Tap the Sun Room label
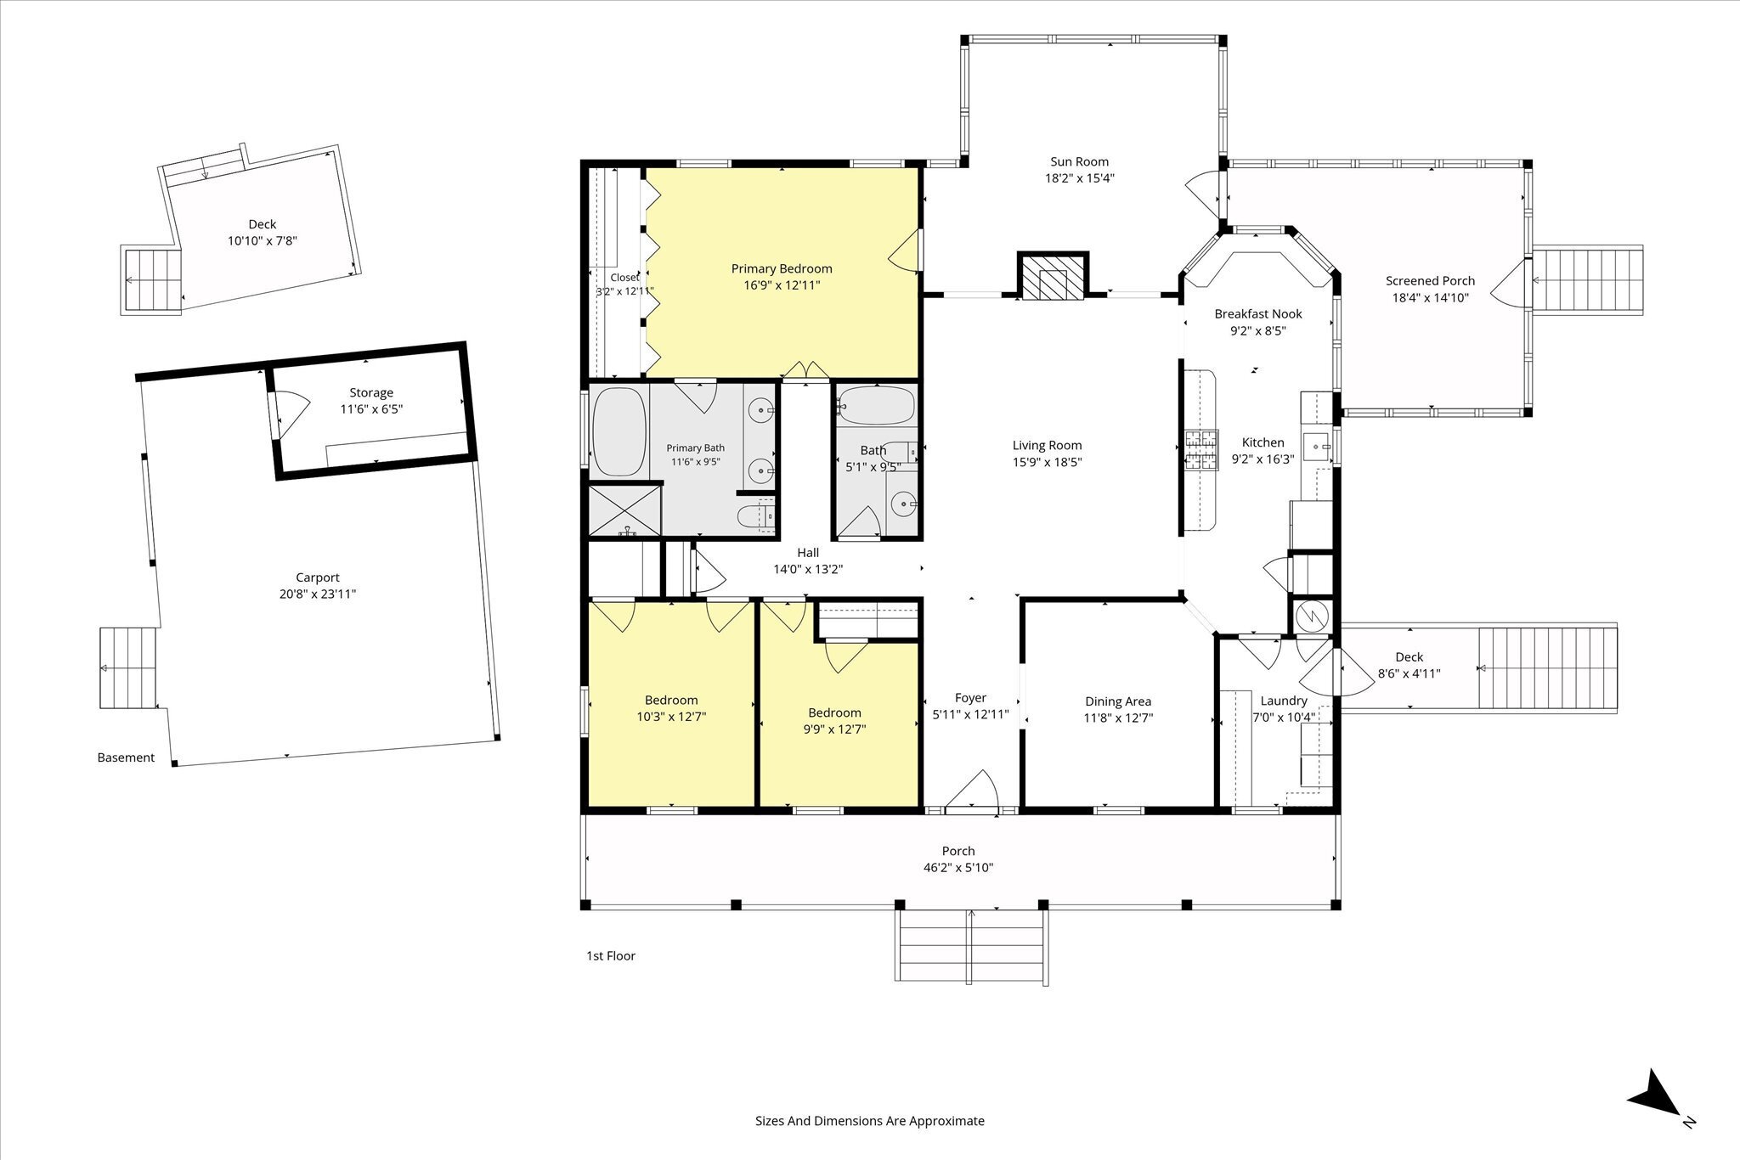pos(1079,161)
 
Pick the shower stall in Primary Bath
pos(624,510)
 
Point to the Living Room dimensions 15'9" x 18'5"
pos(1047,463)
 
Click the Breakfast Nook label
pos(1258,314)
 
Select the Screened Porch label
pos(1430,281)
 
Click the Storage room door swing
pos(286,414)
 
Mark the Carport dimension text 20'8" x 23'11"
pos(318,594)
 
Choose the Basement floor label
pos(126,757)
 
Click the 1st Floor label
pos(611,955)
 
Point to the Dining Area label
pos(1118,701)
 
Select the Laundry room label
pos(1284,701)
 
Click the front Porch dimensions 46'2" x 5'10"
pos(958,868)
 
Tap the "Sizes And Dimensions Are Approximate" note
pos(870,1121)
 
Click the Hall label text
pos(808,553)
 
